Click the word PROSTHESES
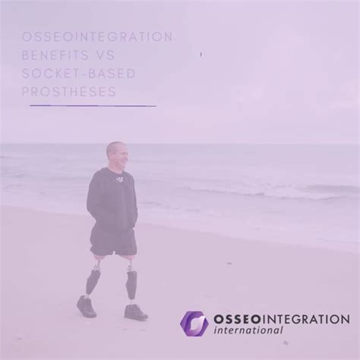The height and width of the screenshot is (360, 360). tap(68, 92)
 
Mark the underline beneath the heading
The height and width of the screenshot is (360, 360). tap(92, 106)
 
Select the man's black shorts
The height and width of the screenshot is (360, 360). tap(114, 242)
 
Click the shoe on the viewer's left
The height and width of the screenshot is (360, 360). tap(86, 307)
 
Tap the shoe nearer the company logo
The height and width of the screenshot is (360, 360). tap(135, 311)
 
